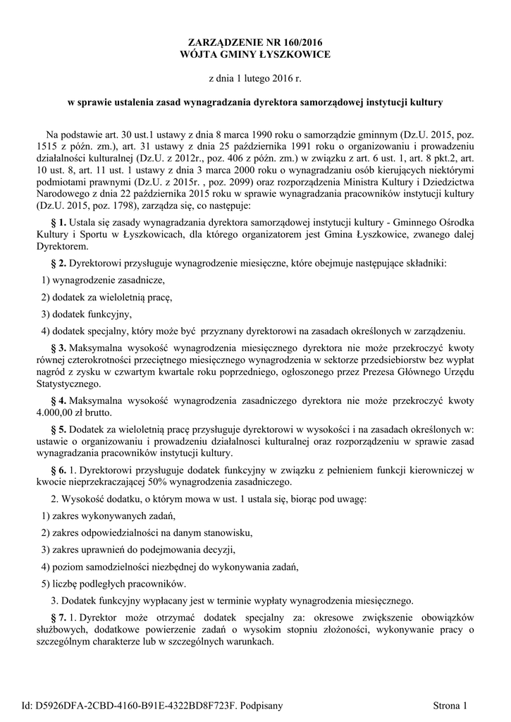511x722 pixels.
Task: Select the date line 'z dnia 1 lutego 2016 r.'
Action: [x=255, y=78]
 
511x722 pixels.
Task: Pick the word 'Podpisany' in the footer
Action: [x=261, y=705]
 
